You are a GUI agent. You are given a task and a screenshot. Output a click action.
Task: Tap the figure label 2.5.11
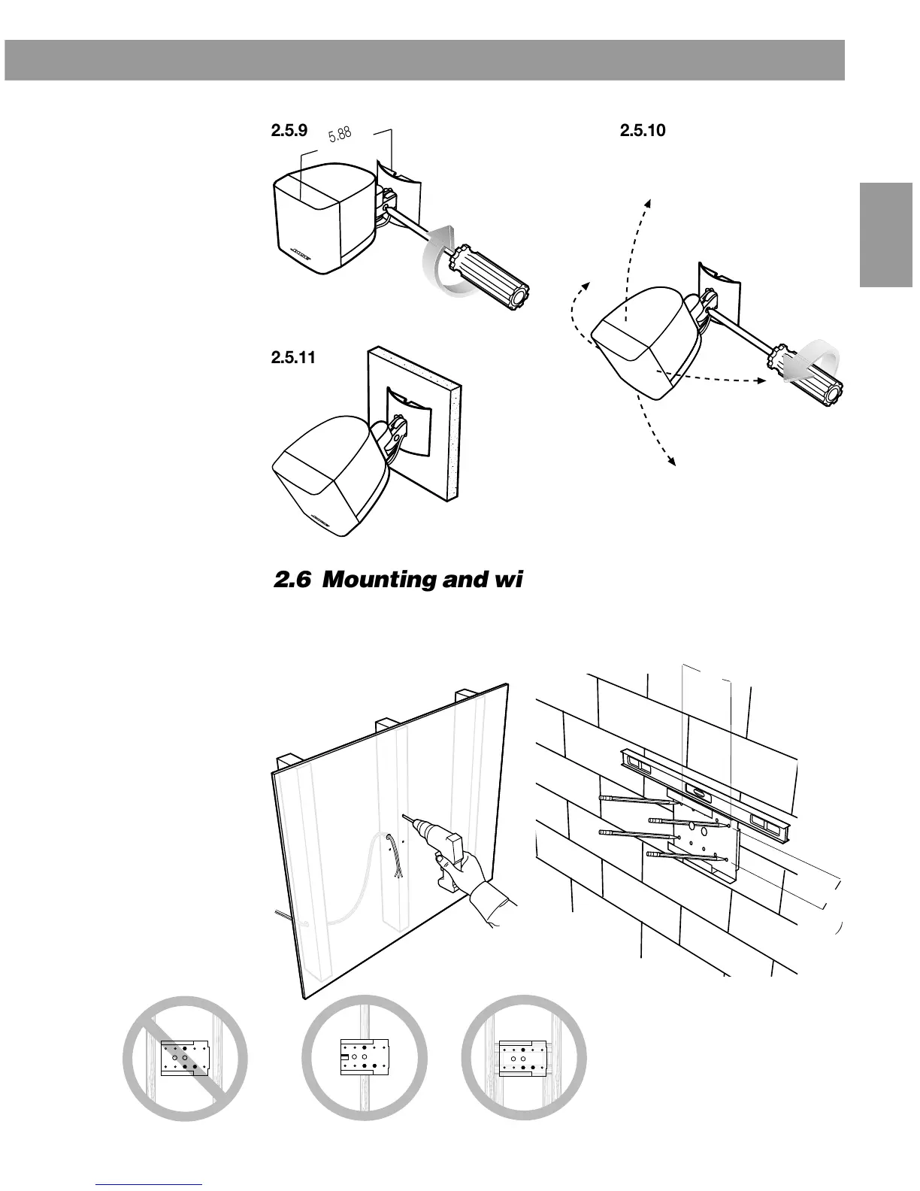click(x=291, y=358)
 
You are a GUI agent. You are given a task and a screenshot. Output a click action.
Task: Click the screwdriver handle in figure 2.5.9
click(x=488, y=271)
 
